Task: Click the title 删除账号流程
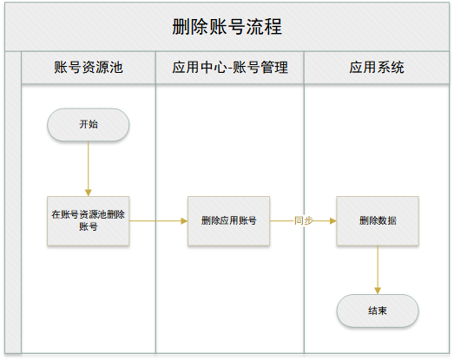[x=227, y=27]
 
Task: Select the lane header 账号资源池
[x=89, y=68]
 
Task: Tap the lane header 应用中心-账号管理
[x=230, y=68]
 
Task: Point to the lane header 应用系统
[x=377, y=68]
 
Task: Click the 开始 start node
[x=89, y=125]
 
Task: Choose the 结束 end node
[x=378, y=311]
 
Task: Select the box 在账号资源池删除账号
[x=89, y=221]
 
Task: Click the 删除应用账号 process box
[x=229, y=221]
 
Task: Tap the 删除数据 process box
[x=378, y=221]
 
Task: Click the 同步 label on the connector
[x=304, y=221]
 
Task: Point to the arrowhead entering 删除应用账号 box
[x=184, y=221]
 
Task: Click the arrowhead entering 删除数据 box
[x=333, y=221]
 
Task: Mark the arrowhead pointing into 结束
[x=378, y=291]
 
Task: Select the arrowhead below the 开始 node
[x=89, y=193]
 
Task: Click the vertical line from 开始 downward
[x=89, y=166]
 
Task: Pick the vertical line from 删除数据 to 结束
[x=378, y=267]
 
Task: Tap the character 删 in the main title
[x=181, y=27]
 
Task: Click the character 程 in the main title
[x=273, y=27]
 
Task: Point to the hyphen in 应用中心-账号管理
[x=230, y=69]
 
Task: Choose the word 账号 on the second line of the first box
[x=89, y=227]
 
